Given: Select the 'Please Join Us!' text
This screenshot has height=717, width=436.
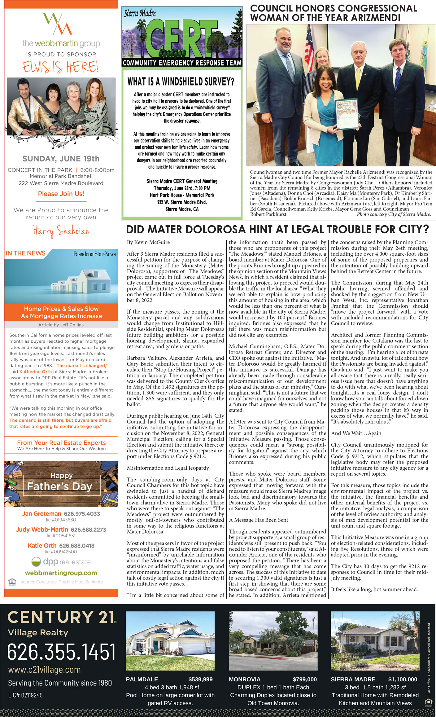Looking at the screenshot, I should coord(61,194).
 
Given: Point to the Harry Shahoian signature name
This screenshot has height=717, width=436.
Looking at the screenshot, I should coord(61,231).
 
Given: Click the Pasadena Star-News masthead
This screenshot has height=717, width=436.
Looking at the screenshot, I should coord(94,254).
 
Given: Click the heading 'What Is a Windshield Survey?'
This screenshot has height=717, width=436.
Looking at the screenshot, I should coord(181,82).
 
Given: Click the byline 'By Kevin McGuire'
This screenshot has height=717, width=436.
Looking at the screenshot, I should coord(148,242).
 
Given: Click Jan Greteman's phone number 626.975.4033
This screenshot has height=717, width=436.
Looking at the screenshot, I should coord(82,514).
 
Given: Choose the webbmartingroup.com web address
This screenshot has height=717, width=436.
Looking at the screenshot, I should coord(61,573).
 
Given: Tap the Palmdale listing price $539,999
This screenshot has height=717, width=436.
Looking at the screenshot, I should coord(200,680).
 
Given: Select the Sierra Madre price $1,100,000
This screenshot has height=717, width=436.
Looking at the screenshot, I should coord(403,680).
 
